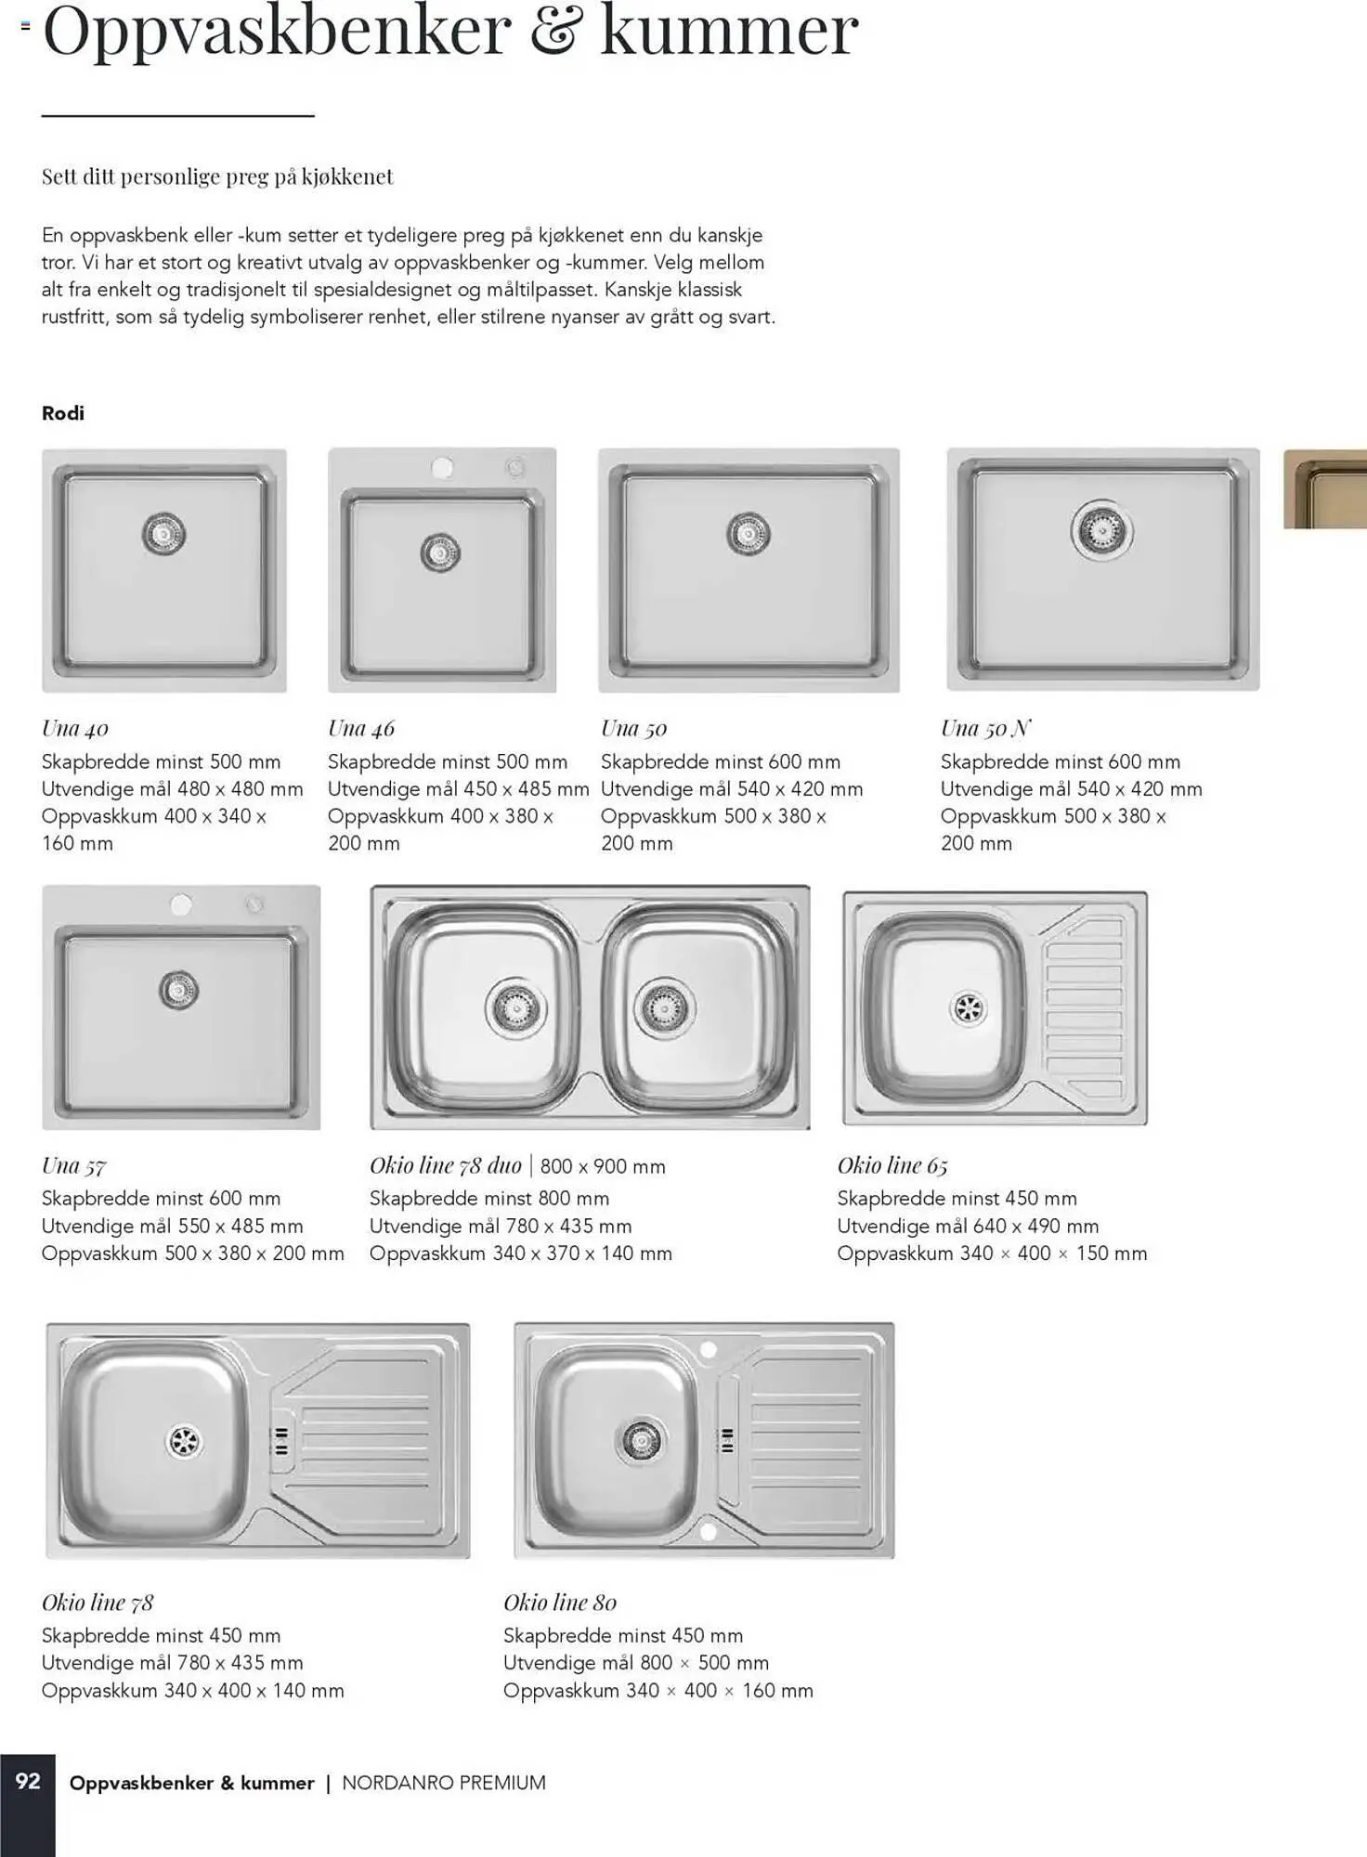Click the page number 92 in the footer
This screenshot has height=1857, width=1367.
point(28,1781)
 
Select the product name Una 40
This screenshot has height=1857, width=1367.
point(75,729)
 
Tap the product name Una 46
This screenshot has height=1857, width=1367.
point(361,729)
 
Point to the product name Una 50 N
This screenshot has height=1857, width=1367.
point(985,729)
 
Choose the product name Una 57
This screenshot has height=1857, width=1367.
point(74,1166)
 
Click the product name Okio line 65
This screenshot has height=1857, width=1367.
point(892,1165)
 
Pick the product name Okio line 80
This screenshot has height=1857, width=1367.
point(560,1603)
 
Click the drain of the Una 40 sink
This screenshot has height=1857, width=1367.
point(164,535)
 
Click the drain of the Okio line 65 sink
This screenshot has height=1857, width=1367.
point(969,1008)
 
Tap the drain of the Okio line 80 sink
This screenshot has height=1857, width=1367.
point(641,1440)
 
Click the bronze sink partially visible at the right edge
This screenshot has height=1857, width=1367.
point(1325,488)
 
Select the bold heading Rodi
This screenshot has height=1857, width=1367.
point(63,413)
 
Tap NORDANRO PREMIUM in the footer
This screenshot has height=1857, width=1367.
point(444,1783)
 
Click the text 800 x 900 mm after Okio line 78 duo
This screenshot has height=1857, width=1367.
point(603,1167)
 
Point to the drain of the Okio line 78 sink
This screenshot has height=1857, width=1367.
point(184,1441)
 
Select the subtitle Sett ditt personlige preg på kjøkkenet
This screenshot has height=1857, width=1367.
point(217,177)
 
